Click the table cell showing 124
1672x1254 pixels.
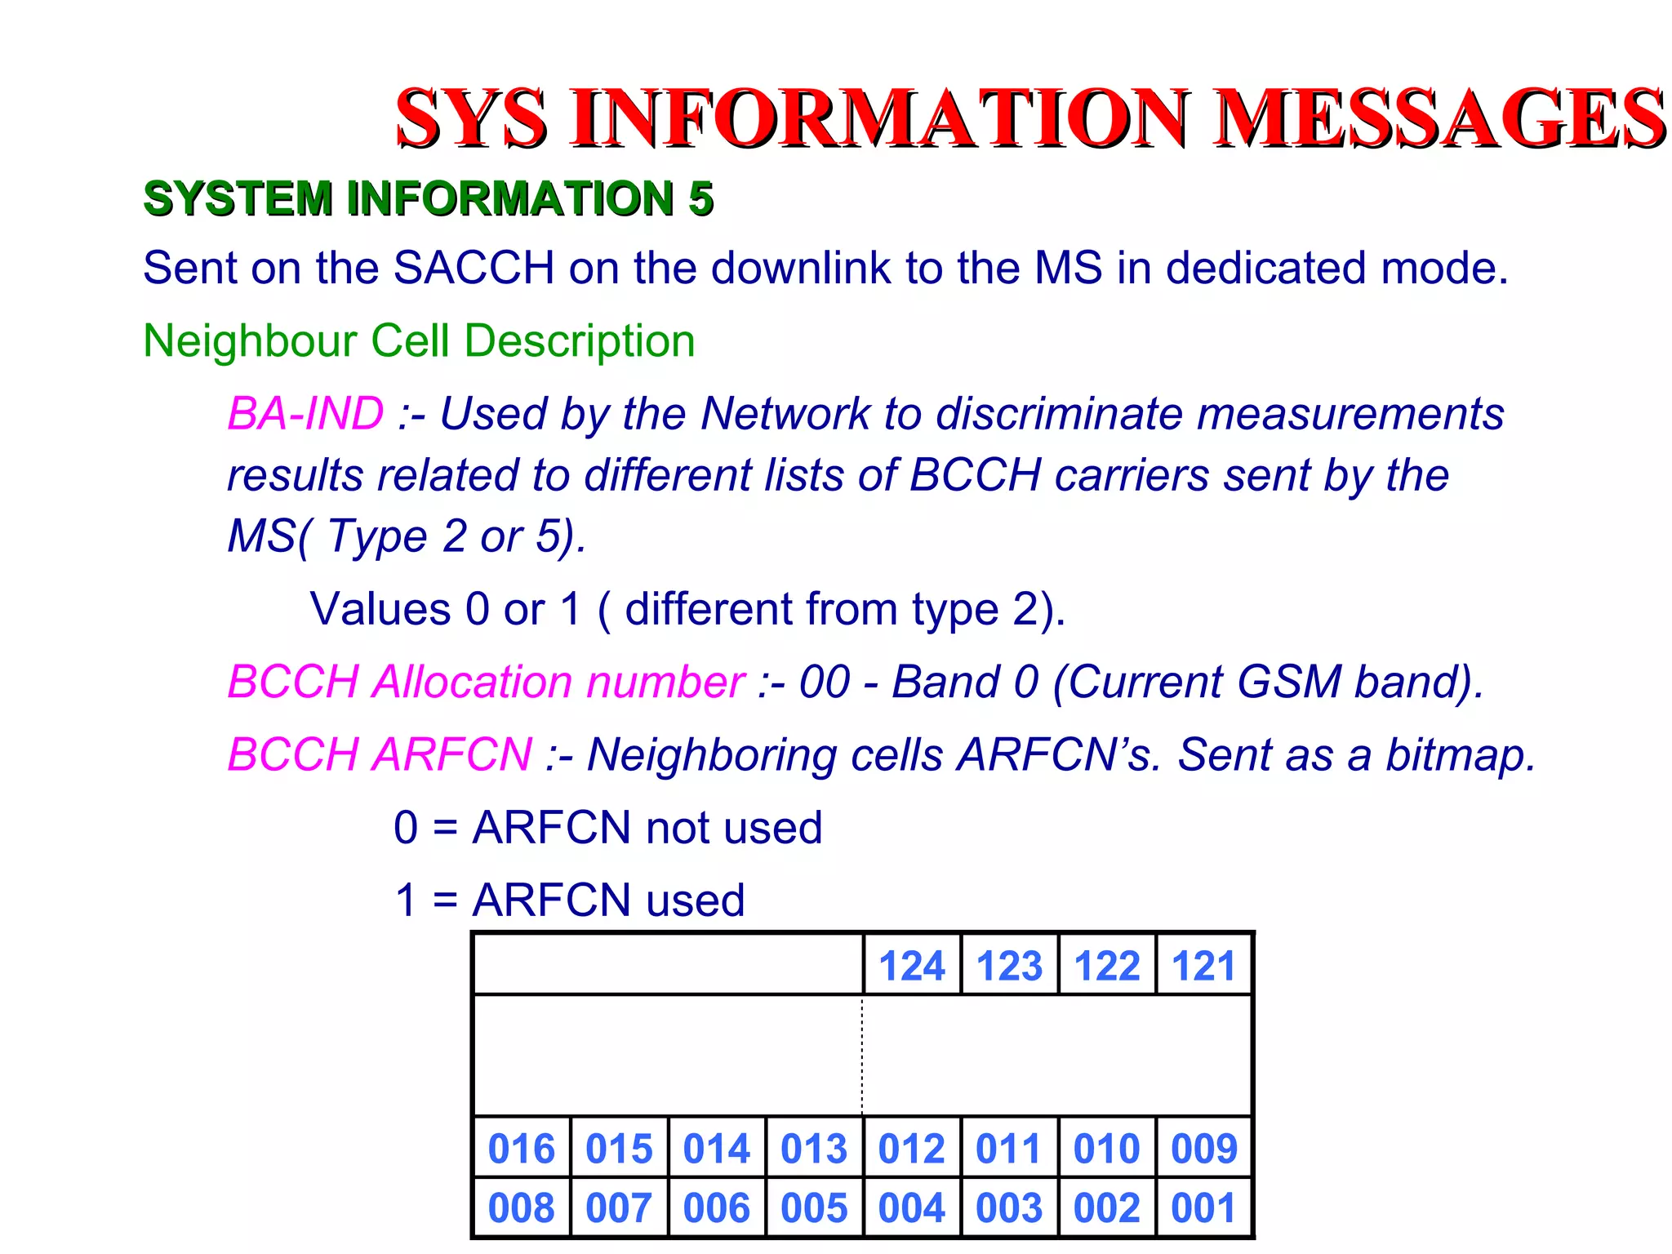(x=911, y=966)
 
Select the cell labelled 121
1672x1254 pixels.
(x=1203, y=966)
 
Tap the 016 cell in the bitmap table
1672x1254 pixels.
(x=521, y=1148)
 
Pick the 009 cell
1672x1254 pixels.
(x=1203, y=1148)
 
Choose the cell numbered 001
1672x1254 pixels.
(x=1203, y=1207)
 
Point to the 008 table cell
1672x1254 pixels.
(x=521, y=1207)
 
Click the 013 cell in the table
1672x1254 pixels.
(x=813, y=1148)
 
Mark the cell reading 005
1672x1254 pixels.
(x=813, y=1207)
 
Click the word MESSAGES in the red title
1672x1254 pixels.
(x=1439, y=118)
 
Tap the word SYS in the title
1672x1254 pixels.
(x=471, y=118)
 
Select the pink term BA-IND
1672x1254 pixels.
(x=305, y=413)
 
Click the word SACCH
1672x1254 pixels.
(x=474, y=268)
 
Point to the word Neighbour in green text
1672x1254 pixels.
(x=249, y=340)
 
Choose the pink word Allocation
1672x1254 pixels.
(x=474, y=682)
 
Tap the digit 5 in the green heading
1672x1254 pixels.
(x=700, y=198)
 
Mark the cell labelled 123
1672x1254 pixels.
(x=1009, y=966)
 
